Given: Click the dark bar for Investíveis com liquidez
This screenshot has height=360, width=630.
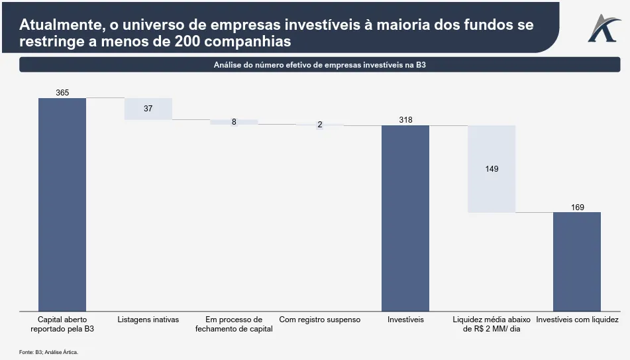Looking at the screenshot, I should tap(577, 261).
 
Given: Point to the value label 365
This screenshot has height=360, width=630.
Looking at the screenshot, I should tap(62, 93).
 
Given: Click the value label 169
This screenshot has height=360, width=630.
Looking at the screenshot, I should tap(578, 208).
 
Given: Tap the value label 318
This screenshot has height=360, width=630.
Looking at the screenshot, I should tap(405, 120).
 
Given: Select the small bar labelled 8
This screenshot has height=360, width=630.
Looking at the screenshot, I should tap(234, 122).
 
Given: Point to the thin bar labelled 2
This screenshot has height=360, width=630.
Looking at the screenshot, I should tap(319, 125).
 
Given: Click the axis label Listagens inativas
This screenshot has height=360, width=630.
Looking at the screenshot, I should tap(148, 320).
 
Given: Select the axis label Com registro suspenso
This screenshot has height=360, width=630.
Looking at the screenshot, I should tap(320, 320).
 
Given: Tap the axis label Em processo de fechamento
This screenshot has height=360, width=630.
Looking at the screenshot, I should tap(234, 324).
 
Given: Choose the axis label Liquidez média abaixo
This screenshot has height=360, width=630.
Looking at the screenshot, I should tap(491, 324).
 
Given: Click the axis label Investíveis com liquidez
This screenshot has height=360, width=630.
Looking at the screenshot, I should tap(577, 320).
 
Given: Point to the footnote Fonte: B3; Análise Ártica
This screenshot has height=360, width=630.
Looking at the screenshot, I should tap(48, 352).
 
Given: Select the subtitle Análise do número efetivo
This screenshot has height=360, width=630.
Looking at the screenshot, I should tap(319, 65).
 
